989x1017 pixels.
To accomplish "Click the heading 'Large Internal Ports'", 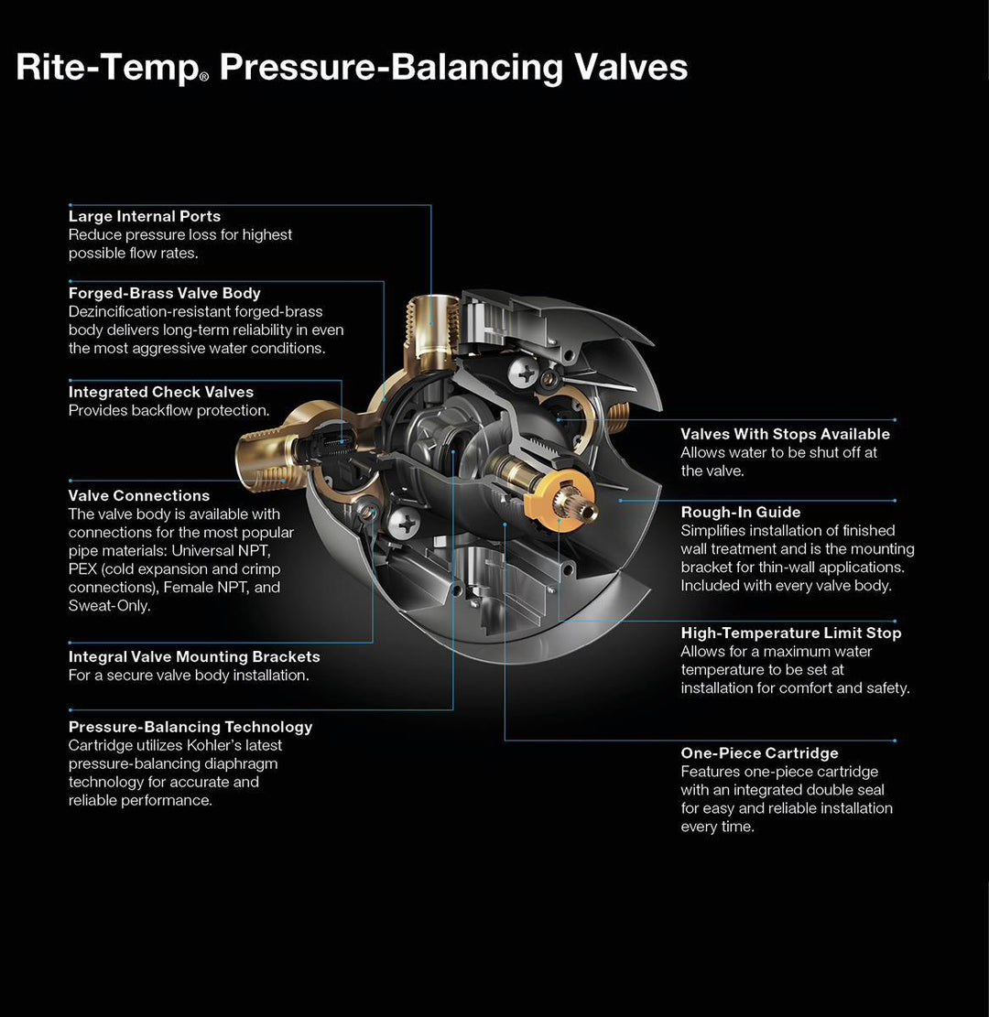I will click(145, 217).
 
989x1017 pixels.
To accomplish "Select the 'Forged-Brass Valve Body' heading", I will click(165, 294).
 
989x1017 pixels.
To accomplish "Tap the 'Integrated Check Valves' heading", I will click(161, 393).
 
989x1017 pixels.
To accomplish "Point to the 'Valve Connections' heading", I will click(139, 496).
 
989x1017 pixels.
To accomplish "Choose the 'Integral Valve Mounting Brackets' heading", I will click(194, 657).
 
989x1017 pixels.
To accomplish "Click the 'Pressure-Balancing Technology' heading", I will click(190, 727).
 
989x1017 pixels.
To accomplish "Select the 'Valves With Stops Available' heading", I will click(785, 434).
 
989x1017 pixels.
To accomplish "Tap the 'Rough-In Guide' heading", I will click(741, 513).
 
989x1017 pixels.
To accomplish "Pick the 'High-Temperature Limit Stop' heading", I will click(791, 633).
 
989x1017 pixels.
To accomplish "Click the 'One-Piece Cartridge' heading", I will click(759, 753).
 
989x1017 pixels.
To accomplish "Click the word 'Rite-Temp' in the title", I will click(106, 68).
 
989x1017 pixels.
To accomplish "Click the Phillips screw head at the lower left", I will click(403, 525).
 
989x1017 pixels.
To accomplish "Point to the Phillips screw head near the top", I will click(528, 373).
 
